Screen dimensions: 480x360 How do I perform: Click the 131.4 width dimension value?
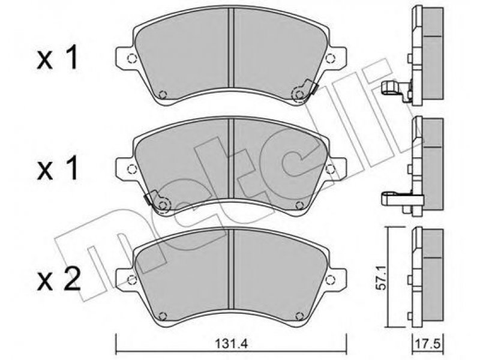tap(232, 344)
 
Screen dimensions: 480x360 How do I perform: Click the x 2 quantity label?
tap(58, 280)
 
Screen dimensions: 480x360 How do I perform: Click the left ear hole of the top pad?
tap(131, 58)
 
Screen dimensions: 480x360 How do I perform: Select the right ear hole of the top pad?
tap(330, 58)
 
